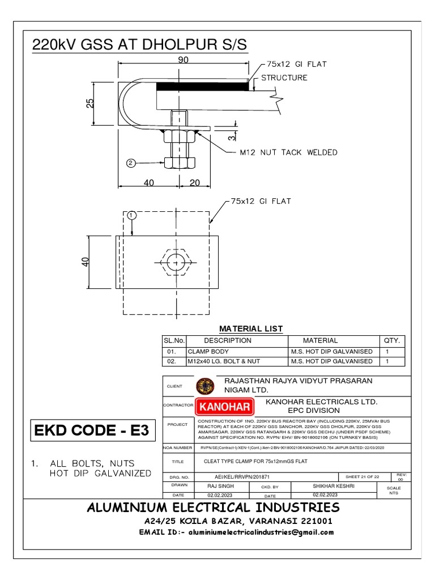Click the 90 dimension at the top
pyautogui.click(x=182, y=59)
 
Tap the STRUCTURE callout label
pyautogui.click(x=284, y=78)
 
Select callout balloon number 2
pyautogui.click(x=131, y=163)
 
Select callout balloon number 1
pyautogui.click(x=131, y=215)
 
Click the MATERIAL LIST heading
pyautogui.click(x=251, y=329)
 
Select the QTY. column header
pyautogui.click(x=391, y=340)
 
